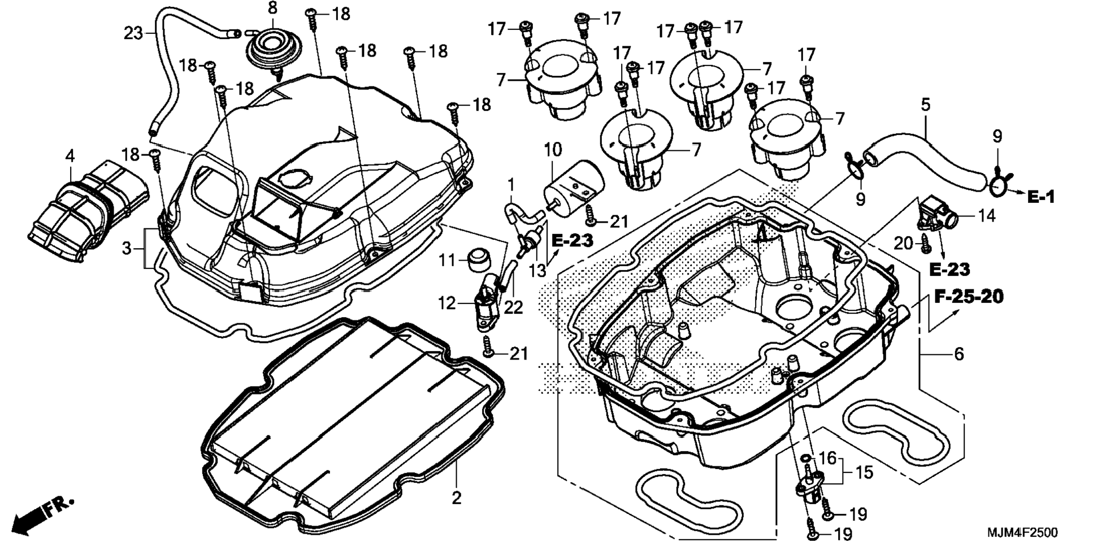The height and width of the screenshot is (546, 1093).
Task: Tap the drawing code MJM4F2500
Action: click(1022, 532)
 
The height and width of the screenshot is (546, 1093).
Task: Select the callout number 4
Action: click(70, 155)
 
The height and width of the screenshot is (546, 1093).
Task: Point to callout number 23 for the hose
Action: click(133, 33)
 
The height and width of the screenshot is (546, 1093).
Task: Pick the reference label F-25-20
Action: click(969, 296)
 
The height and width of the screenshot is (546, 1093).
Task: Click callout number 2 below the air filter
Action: click(456, 498)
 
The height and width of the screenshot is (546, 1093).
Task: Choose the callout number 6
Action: click(958, 354)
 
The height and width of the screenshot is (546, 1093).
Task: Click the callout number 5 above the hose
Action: click(925, 104)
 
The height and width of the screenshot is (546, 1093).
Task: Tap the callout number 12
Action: click(446, 304)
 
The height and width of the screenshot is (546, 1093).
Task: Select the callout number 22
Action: click(513, 307)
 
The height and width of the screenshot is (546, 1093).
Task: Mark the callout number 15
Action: click(864, 471)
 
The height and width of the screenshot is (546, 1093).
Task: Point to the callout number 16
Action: click(827, 457)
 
